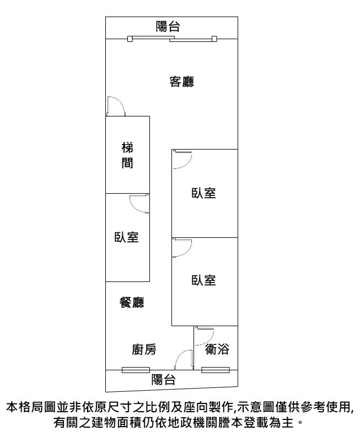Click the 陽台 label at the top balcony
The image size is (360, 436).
pos(168,26)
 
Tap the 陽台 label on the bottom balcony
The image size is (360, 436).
pos(163,380)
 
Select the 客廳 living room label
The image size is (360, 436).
pos(182,82)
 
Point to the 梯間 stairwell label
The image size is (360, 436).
pos(127,155)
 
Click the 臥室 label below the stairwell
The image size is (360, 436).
pos(126,237)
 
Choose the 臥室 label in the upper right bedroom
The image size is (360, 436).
pos(203,193)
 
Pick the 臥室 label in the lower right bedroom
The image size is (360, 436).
pos(203,280)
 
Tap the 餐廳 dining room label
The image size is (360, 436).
pos(132,302)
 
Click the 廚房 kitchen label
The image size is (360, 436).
pos(144,349)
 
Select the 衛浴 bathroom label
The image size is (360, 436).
pos(217,349)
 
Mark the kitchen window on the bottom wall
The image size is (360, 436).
pos(136,370)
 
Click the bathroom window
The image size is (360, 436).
pos(216,370)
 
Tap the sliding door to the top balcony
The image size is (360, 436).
pos(172,39)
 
